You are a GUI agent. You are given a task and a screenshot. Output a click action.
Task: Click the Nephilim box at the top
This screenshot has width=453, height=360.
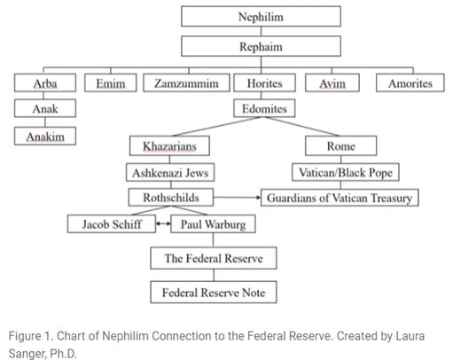(x=261, y=17)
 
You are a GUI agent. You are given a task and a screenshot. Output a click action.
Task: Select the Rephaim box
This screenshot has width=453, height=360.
(x=261, y=46)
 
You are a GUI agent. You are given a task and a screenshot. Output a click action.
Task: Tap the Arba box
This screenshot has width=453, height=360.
(x=45, y=82)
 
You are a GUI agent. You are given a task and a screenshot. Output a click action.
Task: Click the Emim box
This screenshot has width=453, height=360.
(x=111, y=82)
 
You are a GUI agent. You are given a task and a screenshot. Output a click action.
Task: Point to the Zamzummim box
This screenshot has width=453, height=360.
(x=186, y=82)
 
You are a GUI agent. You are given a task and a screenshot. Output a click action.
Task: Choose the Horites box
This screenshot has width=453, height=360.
(x=264, y=82)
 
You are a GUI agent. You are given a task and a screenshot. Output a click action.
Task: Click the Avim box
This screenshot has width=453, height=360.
(x=332, y=82)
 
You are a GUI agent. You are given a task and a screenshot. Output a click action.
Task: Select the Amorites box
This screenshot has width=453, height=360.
(x=410, y=82)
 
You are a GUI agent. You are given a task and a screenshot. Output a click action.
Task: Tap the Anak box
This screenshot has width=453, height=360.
(x=45, y=108)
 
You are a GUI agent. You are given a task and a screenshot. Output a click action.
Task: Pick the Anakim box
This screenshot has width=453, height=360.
(x=45, y=136)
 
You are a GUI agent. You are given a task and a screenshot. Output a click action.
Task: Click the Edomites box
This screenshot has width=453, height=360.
(x=264, y=108)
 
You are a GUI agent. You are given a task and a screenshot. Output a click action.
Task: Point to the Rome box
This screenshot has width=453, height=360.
(x=340, y=145)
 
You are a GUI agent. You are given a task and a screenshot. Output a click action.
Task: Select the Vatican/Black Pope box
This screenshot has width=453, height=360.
(x=346, y=172)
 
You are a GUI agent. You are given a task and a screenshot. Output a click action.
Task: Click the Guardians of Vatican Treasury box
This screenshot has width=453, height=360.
(x=340, y=198)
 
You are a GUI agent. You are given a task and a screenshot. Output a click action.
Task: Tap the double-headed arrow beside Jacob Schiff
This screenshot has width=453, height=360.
(x=163, y=223)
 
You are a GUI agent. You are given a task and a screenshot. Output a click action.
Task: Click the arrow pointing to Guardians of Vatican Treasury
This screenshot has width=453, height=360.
(x=237, y=197)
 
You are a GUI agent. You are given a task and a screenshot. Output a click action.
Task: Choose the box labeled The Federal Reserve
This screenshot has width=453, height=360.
(x=214, y=258)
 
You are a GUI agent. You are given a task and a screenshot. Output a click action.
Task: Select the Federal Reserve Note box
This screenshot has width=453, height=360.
(x=214, y=293)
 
